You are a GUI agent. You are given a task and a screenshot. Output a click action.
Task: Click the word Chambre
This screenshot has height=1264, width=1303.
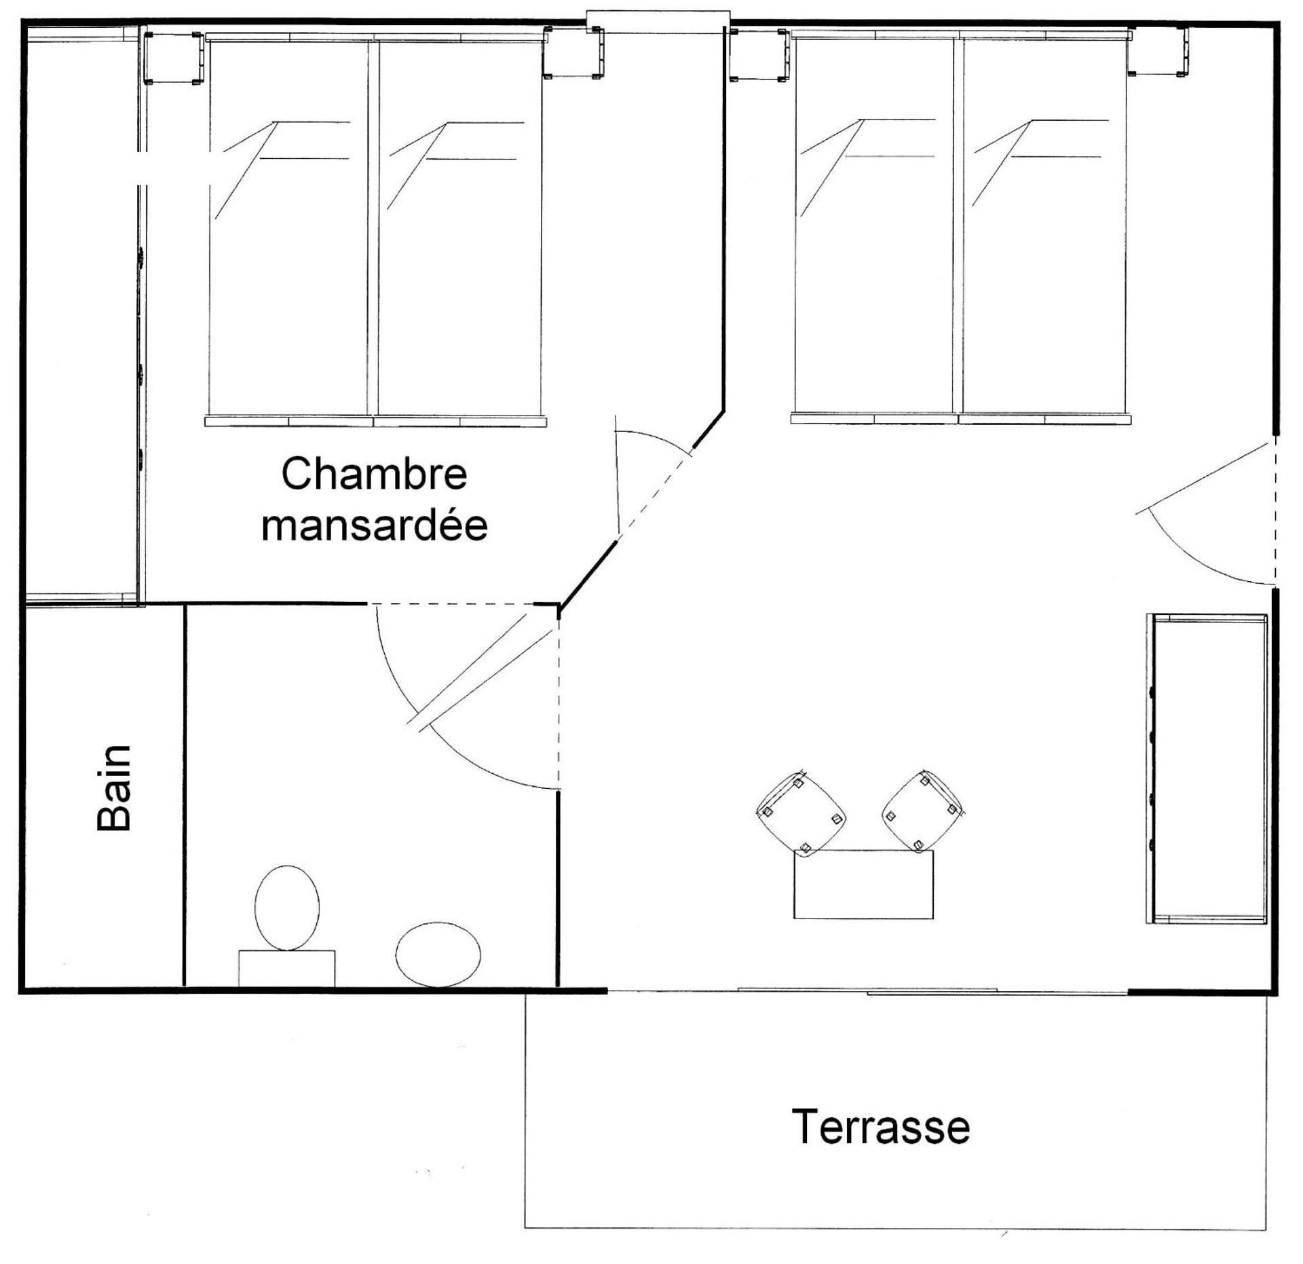point(374,475)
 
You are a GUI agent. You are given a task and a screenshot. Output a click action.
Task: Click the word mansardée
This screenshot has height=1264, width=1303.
point(374,526)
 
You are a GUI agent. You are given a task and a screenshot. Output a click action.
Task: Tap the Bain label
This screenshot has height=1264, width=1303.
point(113,787)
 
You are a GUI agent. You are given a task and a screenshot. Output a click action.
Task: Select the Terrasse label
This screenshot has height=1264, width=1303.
point(880,1126)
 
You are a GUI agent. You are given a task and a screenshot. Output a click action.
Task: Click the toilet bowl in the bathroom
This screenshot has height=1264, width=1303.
point(286,908)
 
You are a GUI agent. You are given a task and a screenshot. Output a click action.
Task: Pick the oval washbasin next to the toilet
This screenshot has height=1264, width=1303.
point(438,954)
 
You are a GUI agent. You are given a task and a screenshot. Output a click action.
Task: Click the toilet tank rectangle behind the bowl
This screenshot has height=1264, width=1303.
point(286,968)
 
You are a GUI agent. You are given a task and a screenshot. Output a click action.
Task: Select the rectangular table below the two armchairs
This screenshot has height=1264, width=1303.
point(863,885)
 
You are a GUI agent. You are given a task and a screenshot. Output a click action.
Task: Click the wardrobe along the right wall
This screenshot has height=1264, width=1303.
point(1207,768)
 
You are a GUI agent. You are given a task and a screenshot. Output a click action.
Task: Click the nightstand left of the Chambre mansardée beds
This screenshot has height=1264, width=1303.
point(173,58)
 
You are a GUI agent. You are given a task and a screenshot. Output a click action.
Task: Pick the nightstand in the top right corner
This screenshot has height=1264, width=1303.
point(1159,51)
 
